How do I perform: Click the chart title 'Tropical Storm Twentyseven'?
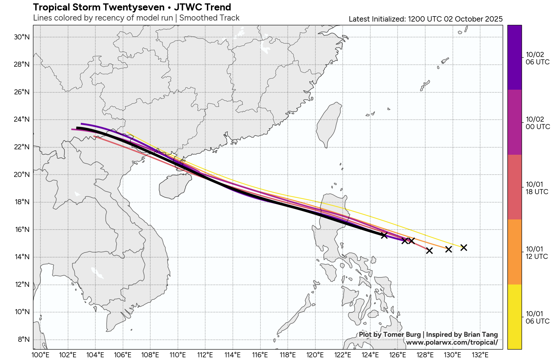(x=99, y=7)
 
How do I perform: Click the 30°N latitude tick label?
(x=22, y=37)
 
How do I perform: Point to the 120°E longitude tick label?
(x=315, y=355)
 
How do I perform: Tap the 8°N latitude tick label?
(x=24, y=339)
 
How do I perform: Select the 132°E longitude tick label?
(x=480, y=355)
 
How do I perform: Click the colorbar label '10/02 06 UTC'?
(x=537, y=58)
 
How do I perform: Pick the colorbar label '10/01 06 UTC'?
(x=537, y=318)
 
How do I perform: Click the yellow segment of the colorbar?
(x=515, y=317)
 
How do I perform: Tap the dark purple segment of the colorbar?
(x=515, y=57)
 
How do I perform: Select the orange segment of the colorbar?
(x=515, y=252)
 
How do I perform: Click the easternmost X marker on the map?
(x=464, y=248)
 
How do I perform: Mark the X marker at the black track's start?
(x=384, y=235)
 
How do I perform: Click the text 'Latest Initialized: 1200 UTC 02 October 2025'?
(x=426, y=19)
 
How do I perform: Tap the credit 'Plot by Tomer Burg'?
(x=390, y=335)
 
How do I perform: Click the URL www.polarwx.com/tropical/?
(x=452, y=342)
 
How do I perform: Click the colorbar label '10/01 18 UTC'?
(x=537, y=188)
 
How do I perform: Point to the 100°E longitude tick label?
(x=40, y=355)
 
